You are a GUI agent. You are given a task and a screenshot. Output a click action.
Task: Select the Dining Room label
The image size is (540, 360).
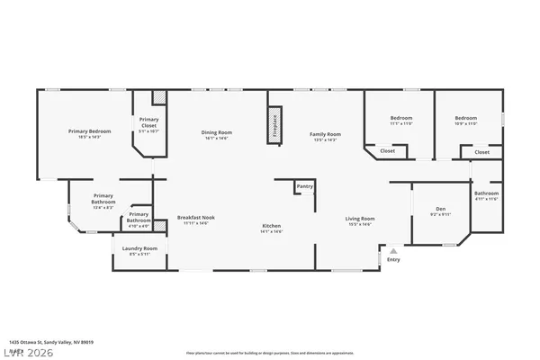pos(218,133)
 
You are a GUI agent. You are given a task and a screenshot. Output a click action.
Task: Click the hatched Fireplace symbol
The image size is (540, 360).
pos(274,125)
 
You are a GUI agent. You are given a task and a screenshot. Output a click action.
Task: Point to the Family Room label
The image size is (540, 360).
pos(325,133)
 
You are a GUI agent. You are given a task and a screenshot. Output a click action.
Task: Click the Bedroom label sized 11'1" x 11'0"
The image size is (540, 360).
pos(400,119)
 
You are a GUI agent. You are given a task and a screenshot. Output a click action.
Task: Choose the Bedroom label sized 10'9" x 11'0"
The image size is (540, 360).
pos(465,119)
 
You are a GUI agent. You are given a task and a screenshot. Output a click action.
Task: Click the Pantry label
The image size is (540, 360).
pos(305,186)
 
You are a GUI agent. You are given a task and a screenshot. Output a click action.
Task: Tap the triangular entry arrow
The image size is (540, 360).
pos(391,249)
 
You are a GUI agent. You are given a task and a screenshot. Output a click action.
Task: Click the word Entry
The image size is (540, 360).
pos(393,260)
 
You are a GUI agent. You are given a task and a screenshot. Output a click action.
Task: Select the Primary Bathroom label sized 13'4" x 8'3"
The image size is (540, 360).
pos(103,199)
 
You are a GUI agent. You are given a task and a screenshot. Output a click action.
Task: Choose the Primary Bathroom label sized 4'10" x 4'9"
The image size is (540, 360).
pos(139,217)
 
